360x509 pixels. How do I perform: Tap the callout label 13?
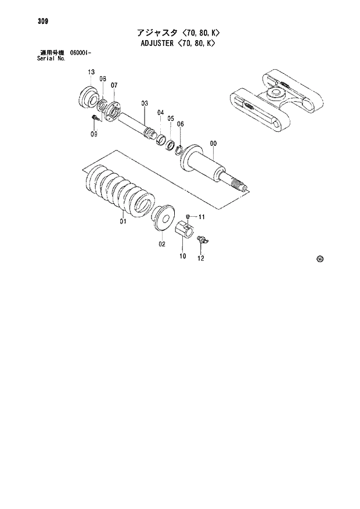91,71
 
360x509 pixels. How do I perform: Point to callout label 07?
114,85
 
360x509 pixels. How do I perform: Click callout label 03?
145,103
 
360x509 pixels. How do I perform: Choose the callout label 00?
213,144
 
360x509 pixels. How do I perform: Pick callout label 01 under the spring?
123,221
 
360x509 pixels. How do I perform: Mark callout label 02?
162,244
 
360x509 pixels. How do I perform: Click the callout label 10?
182,256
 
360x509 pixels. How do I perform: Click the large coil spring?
119,191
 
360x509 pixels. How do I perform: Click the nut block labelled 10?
184,231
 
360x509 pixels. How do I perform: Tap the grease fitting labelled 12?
202,239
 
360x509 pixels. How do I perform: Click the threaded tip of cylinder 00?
239,185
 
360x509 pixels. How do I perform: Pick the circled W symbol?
319,260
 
